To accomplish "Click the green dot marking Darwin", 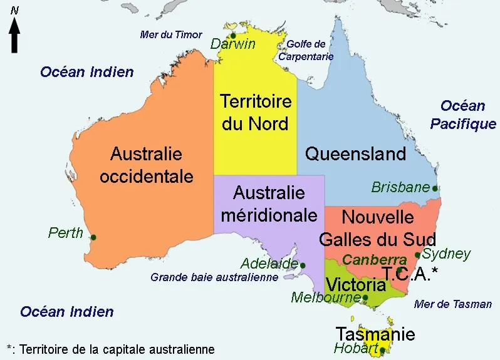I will click(233, 35).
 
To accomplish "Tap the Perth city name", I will click(66, 233).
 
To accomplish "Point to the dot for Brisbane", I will click(435, 188).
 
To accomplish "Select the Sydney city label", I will click(446, 254).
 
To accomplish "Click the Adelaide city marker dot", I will click(303, 265).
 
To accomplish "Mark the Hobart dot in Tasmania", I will click(382, 351).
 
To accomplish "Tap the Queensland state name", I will click(355, 153).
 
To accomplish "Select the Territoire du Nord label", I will click(255, 112).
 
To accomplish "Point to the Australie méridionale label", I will click(268, 203).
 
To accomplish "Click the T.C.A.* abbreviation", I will click(410, 274).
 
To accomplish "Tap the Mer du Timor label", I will click(171, 34).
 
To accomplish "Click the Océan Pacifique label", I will click(463, 115).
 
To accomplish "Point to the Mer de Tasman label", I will click(453, 304).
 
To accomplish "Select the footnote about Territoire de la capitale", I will click(110, 349).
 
